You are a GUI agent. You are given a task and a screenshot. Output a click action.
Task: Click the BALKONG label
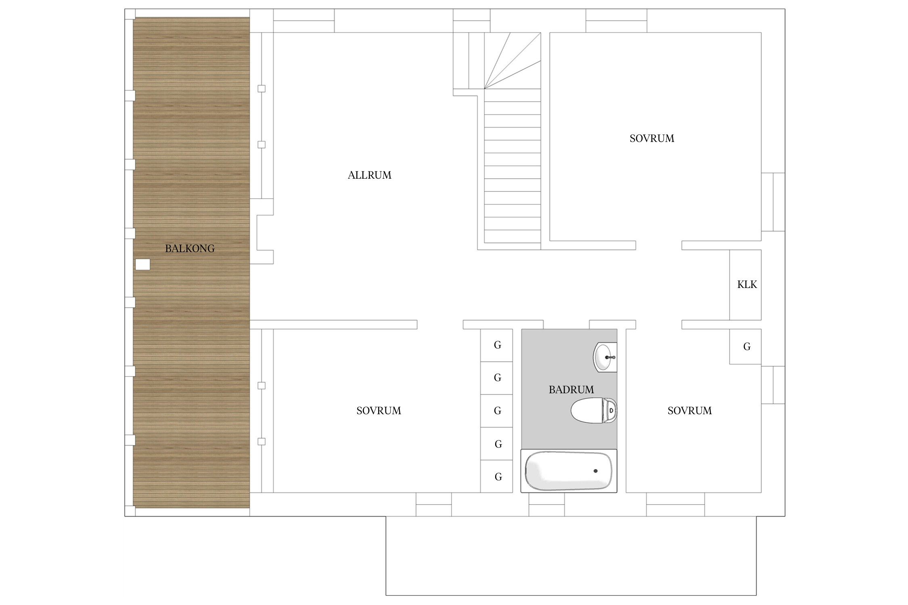point(190,248)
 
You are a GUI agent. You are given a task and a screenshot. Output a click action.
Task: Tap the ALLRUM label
point(370,175)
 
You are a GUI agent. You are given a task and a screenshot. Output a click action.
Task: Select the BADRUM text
point(571,390)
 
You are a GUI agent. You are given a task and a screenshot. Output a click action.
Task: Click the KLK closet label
point(747,285)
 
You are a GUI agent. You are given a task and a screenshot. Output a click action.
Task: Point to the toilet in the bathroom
point(594,410)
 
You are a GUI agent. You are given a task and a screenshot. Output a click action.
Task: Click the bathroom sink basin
point(605,357)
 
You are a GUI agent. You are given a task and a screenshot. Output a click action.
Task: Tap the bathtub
point(569,471)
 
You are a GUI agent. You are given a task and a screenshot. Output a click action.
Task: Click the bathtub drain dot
point(596,471)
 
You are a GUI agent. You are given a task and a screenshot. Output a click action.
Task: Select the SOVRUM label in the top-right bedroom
point(652,138)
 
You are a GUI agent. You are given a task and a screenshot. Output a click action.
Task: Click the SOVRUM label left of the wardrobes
point(379,411)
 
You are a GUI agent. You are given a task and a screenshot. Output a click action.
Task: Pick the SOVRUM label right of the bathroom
point(690,411)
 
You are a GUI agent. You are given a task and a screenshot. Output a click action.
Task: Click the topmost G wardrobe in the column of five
point(496,345)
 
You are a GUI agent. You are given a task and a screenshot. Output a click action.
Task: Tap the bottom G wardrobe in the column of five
point(496,476)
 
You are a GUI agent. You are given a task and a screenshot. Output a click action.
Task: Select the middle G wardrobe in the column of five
point(496,411)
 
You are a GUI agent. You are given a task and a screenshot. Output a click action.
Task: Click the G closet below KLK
point(745,346)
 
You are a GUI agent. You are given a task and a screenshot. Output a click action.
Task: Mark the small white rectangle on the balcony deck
point(142,265)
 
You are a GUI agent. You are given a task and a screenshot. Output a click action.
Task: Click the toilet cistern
point(609,410)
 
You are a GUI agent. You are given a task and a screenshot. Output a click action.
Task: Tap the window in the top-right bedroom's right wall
point(773,202)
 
